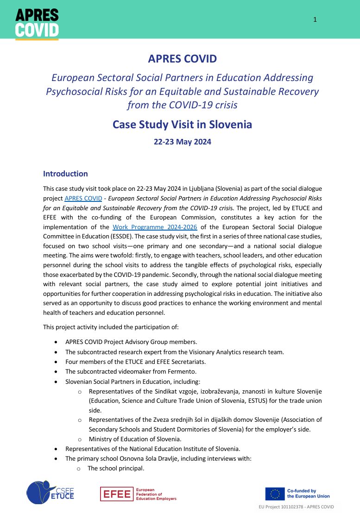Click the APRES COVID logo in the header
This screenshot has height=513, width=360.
pyautogui.click(x=37, y=23)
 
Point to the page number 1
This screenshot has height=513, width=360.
pyautogui.click(x=315, y=19)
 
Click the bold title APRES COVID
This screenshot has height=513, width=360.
pyautogui.click(x=182, y=59)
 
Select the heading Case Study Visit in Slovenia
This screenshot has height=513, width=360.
pyautogui.click(x=182, y=125)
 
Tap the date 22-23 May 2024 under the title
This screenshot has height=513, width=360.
pyautogui.click(x=182, y=142)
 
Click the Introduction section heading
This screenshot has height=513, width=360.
pyautogui.click(x=65, y=174)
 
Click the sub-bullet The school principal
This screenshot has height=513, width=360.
pyautogui.click(x=116, y=468)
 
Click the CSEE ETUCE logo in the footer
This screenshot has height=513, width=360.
pyautogui.click(x=50, y=492)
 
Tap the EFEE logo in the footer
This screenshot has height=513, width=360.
pyautogui.click(x=138, y=494)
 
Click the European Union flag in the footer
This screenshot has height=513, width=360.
pyautogui.click(x=275, y=493)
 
